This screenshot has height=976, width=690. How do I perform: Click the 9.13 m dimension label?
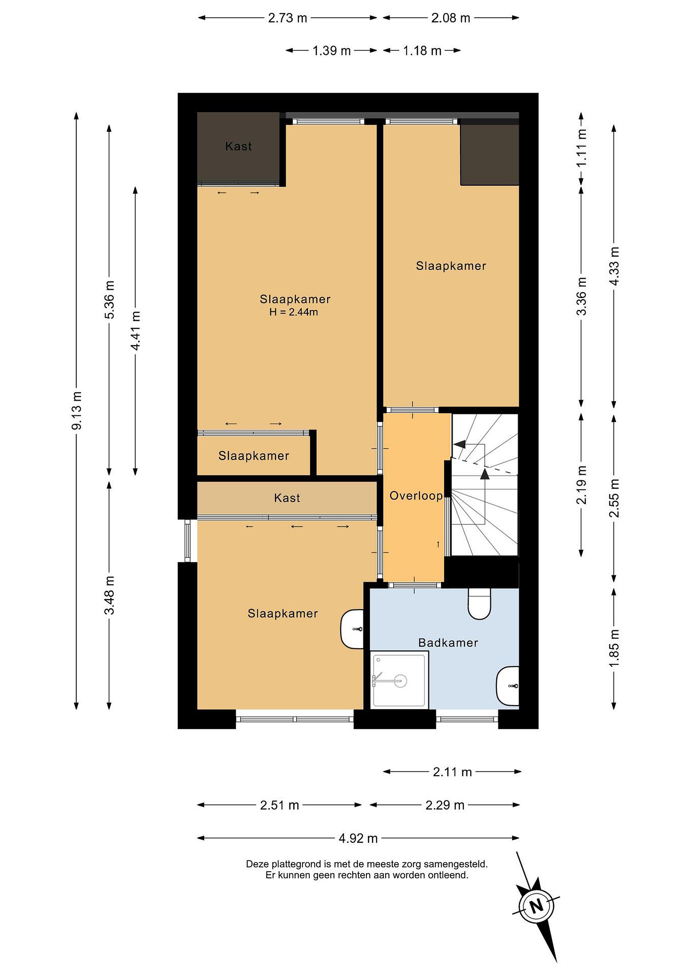[77, 411]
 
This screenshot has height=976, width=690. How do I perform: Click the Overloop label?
[416, 496]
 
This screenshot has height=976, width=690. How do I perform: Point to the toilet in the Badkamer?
[479, 604]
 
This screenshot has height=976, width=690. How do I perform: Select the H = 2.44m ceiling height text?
[294, 312]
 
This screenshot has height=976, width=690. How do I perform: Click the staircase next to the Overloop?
[484, 485]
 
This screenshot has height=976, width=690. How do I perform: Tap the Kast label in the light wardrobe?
[287, 498]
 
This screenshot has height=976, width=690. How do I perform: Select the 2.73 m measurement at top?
[287, 18]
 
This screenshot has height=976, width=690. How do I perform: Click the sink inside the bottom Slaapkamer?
[352, 629]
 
